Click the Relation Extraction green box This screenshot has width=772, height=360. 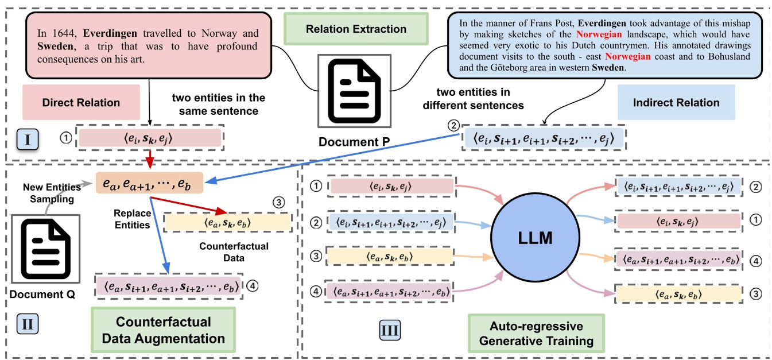pyautogui.click(x=356, y=29)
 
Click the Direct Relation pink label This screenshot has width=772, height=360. pyautogui.click(x=81, y=103)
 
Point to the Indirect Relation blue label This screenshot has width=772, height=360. pyautogui.click(x=676, y=103)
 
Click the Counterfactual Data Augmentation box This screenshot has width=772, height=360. pyautogui.click(x=164, y=330)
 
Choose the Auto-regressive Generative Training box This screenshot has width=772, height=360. pyautogui.click(x=536, y=334)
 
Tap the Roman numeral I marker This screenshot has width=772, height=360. pyautogui.click(x=29, y=138)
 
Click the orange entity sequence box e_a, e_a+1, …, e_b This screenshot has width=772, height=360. pyautogui.click(x=149, y=183)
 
